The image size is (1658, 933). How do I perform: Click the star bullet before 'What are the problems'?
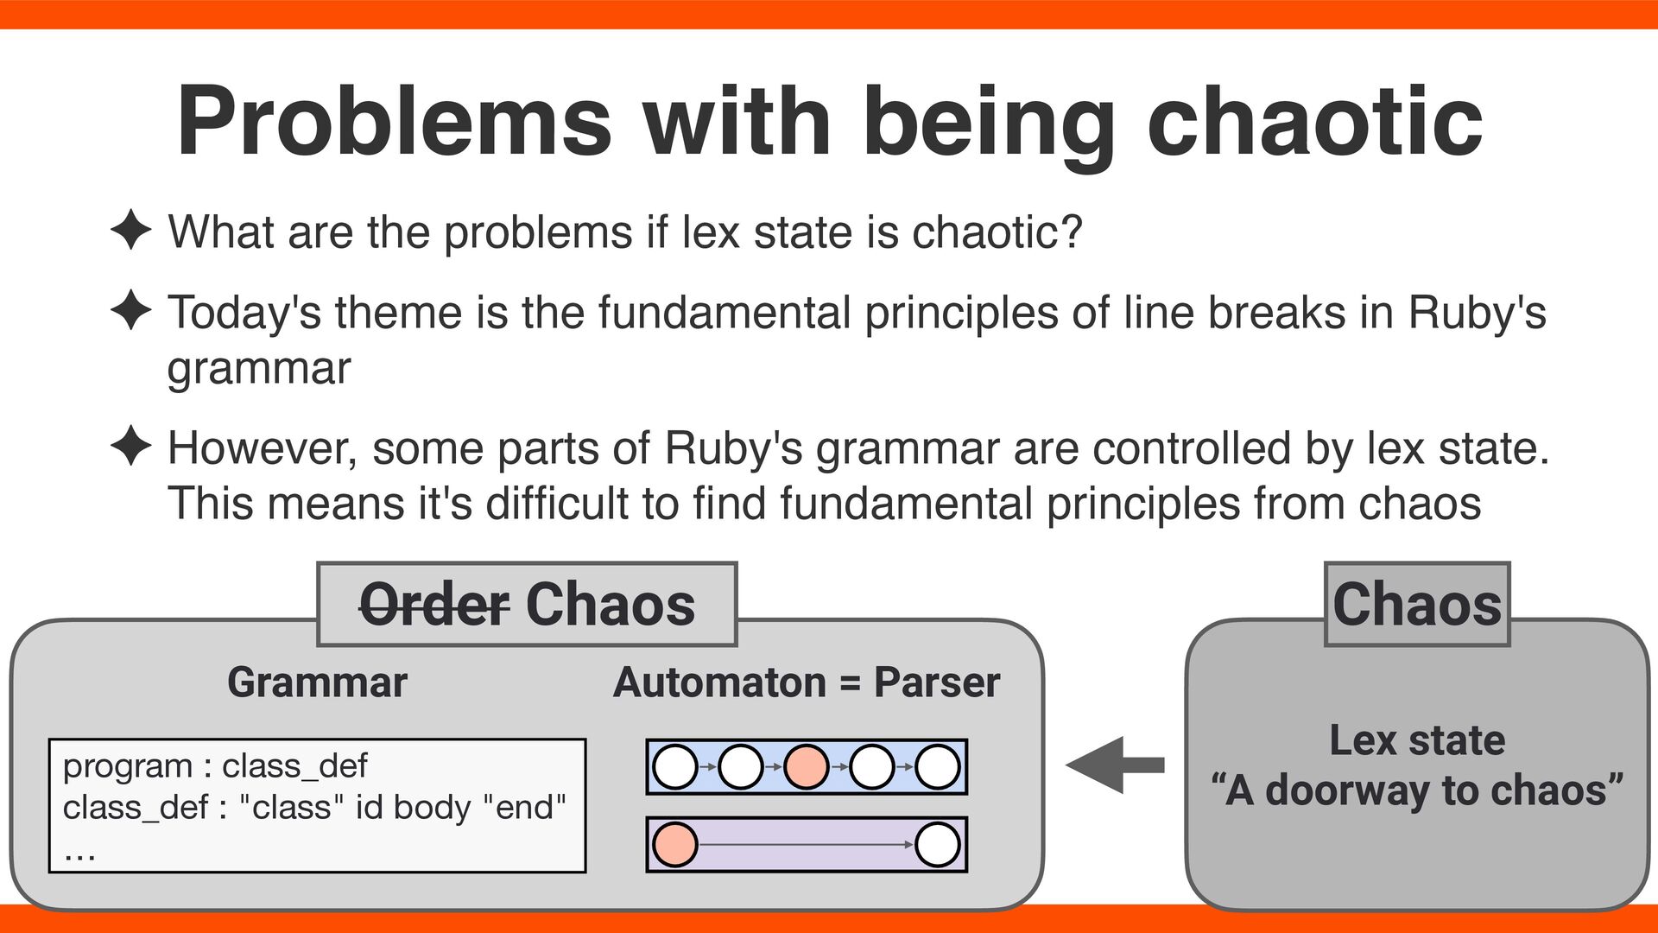131,231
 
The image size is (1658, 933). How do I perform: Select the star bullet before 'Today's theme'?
131,310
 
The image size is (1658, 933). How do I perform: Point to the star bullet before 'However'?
131,447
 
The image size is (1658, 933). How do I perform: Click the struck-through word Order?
433,605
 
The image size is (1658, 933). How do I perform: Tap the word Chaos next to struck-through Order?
610,605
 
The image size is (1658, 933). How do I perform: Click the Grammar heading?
317,682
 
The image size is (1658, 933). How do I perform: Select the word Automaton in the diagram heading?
719,682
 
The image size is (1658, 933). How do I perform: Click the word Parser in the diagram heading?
937,682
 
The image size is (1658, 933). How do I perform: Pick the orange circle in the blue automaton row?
806,766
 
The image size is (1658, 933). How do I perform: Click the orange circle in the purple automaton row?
674,844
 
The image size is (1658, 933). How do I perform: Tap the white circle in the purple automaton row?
937,844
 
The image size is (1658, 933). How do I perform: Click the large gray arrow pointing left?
1114,765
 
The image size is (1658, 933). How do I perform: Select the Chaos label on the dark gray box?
1417,604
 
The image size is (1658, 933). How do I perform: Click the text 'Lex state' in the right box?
1417,740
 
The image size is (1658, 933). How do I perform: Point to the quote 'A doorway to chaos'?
1417,790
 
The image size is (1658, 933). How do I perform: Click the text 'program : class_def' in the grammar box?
215,766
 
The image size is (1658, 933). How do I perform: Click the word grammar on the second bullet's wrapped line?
259,369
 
